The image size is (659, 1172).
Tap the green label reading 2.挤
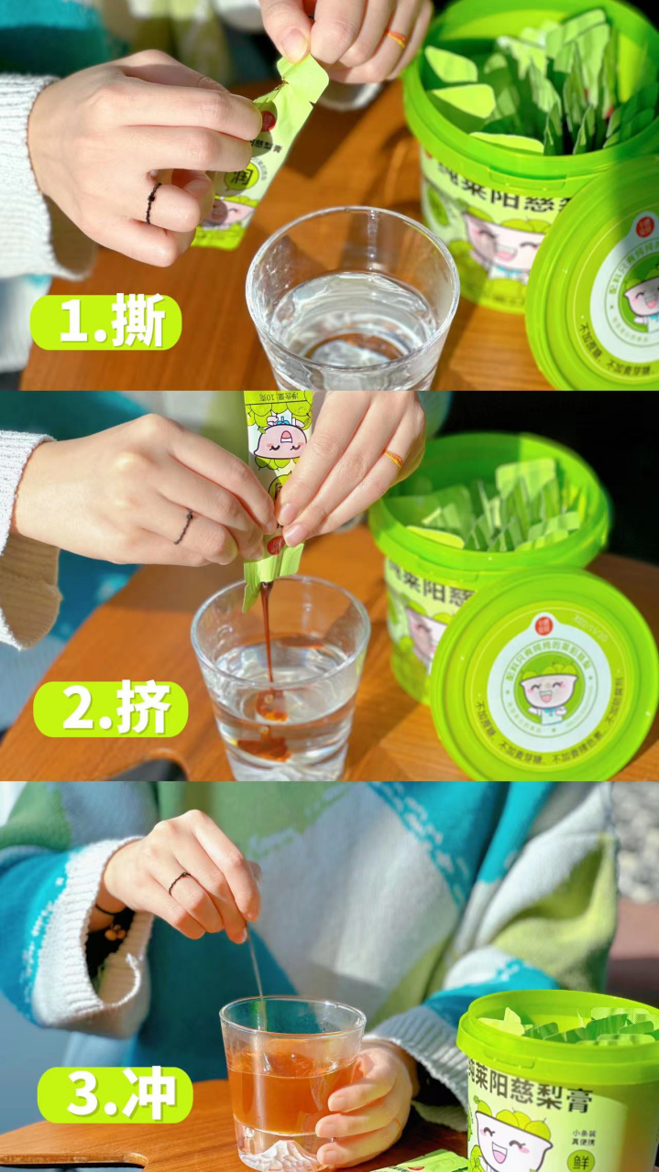click(x=111, y=709)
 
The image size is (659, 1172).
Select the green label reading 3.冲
click(x=115, y=1094)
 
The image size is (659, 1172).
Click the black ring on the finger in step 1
click(x=152, y=202)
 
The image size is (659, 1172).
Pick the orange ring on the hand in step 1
click(x=397, y=38)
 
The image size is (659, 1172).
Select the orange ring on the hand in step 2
click(x=393, y=458)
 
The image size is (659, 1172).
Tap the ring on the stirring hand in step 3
click(x=179, y=882)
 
